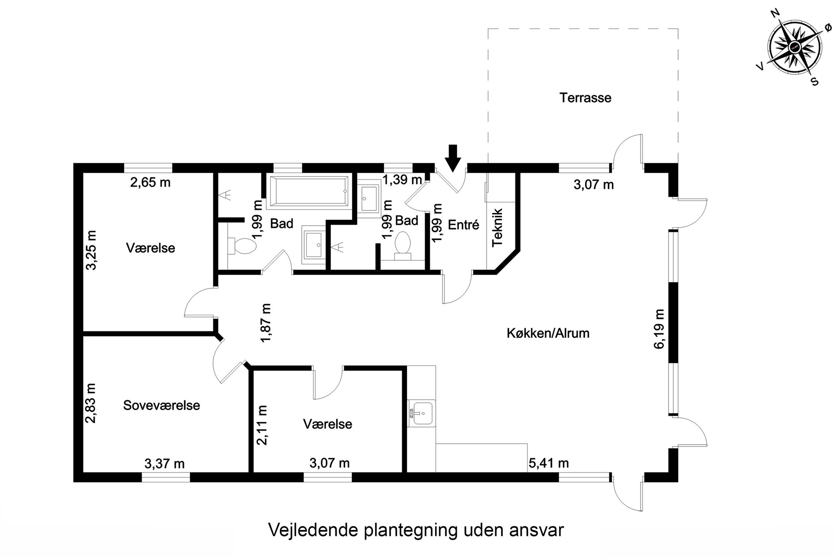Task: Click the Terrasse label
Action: (x=585, y=98)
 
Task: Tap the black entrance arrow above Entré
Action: (x=453, y=158)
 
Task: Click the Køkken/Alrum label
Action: (x=548, y=333)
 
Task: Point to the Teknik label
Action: (x=498, y=227)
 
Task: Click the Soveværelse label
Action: (x=161, y=405)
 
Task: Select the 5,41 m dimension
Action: (x=549, y=464)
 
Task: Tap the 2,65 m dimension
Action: (x=150, y=183)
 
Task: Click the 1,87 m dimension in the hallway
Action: (x=266, y=323)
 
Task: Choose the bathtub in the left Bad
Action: (x=309, y=192)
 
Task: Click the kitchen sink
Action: (x=421, y=413)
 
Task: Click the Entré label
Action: (x=464, y=225)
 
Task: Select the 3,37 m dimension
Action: (x=164, y=464)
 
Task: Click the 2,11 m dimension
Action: (x=262, y=425)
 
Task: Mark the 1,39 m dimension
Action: (x=402, y=180)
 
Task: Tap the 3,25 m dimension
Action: (x=91, y=250)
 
